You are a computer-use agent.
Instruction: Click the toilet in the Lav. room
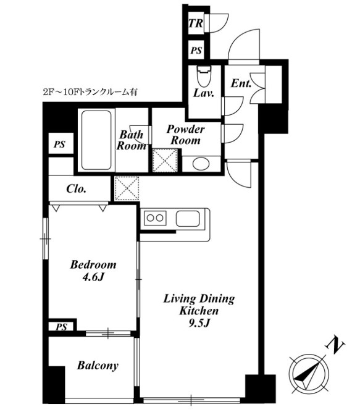[204, 76]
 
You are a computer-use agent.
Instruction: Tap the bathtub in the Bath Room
[96, 140]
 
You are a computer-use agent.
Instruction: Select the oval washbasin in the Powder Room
[201, 164]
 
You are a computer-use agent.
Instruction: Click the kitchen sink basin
[188, 218]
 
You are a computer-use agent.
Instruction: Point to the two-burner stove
[155, 218]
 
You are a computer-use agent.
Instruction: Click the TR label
[196, 23]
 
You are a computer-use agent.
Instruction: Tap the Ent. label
[241, 83]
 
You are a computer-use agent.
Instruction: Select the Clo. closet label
[76, 188]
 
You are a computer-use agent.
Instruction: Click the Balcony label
[98, 366]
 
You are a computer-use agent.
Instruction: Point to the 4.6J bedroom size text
[93, 277]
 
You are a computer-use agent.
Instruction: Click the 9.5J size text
[199, 323]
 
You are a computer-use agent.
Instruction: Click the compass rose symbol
[309, 374]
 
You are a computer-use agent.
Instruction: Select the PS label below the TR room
[196, 50]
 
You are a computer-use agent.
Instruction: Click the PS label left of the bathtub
[60, 145]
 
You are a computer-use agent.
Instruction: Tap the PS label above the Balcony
[61, 327]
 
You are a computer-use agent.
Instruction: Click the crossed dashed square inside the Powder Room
[165, 160]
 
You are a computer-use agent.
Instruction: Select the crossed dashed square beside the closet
[127, 188]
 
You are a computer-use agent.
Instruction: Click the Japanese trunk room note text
[90, 92]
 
